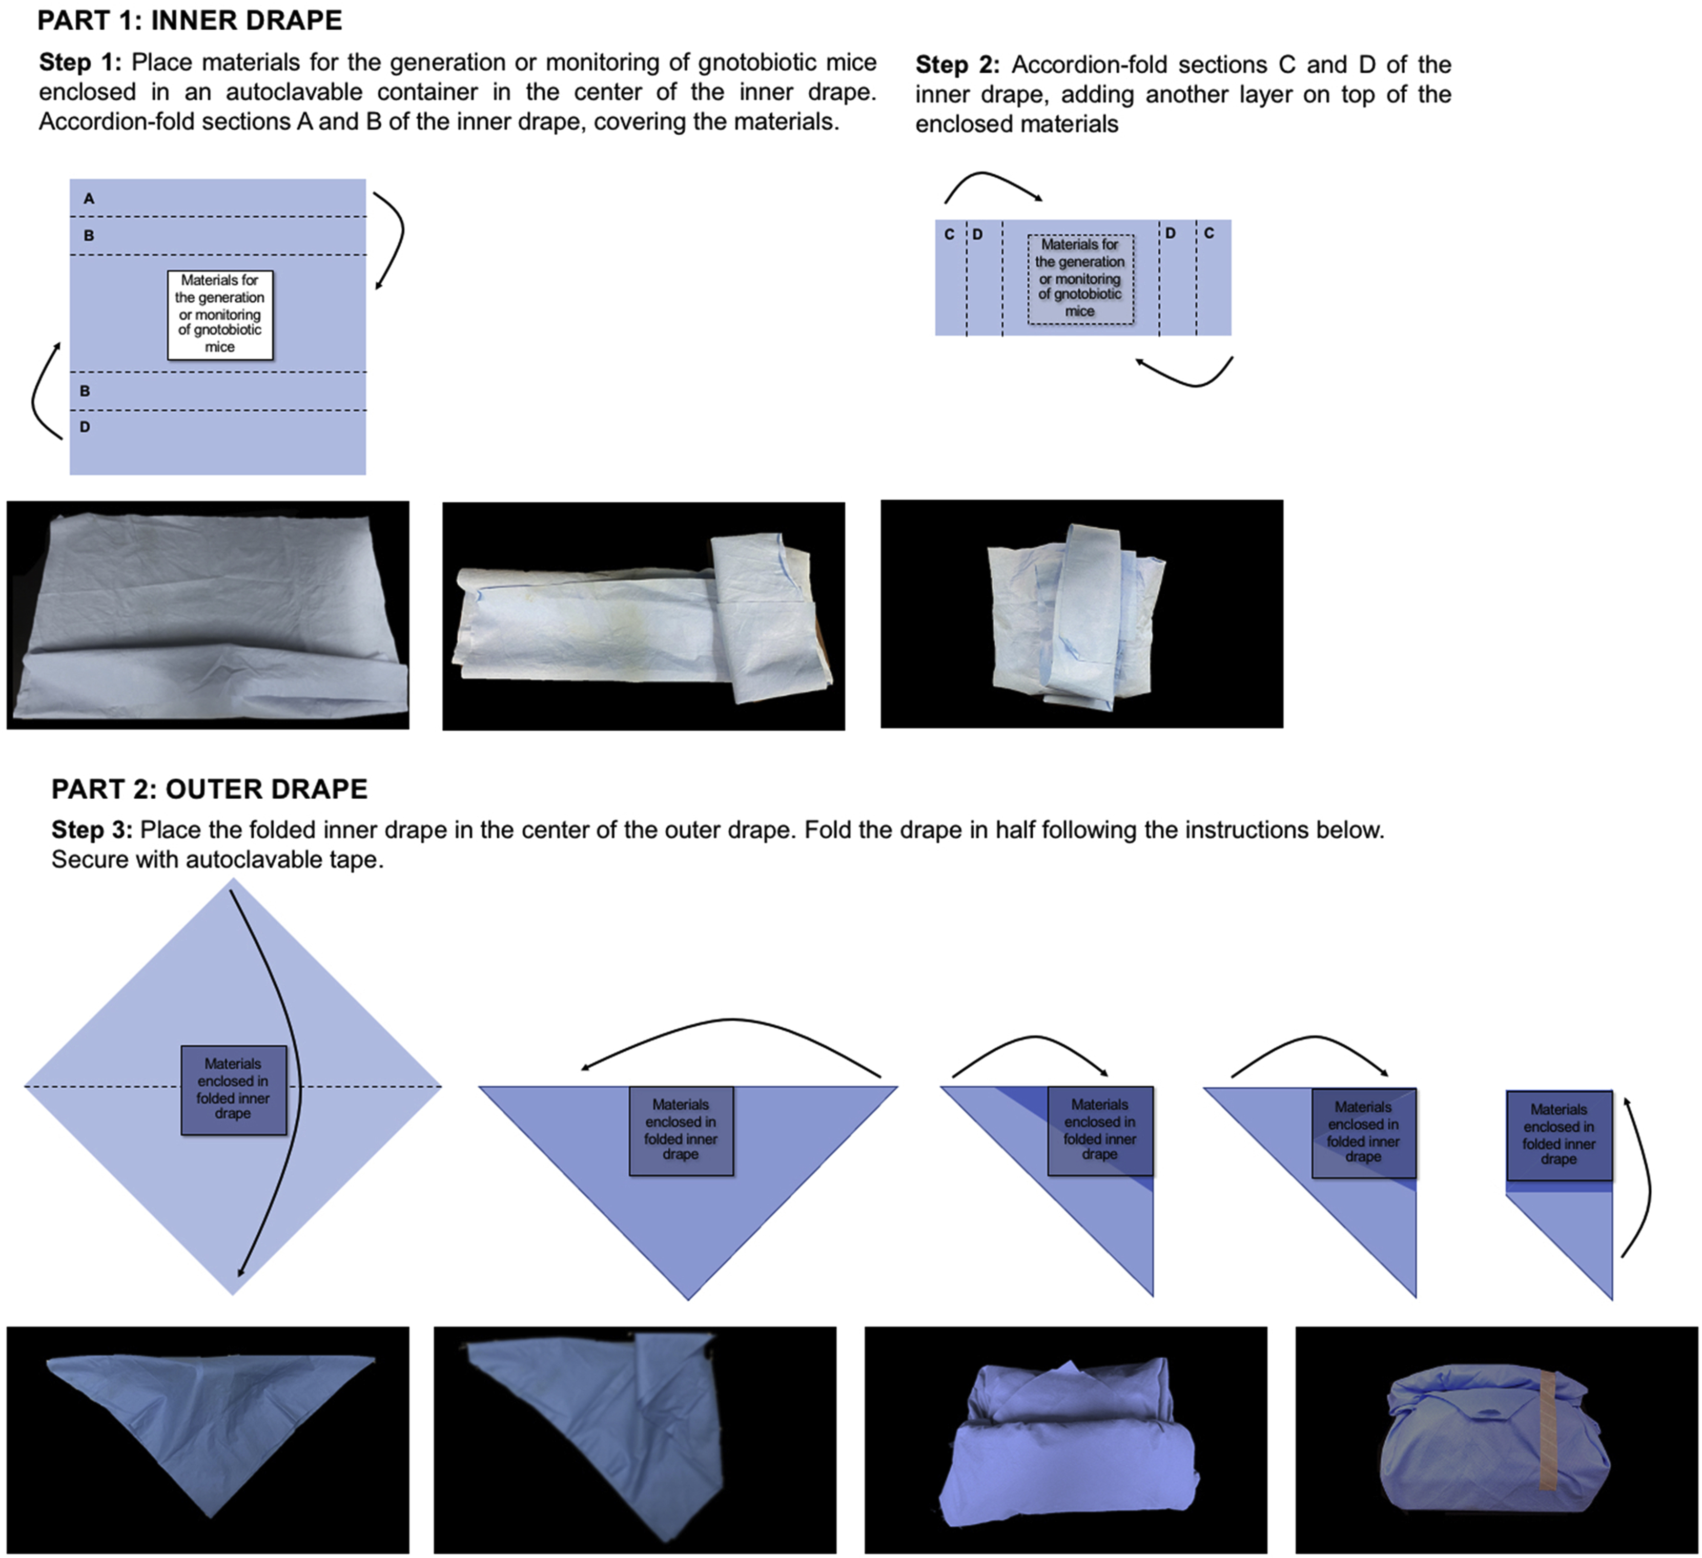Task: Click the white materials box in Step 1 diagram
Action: pos(219,314)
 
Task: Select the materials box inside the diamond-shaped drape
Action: pos(233,1090)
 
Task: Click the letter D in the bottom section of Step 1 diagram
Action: pos(85,427)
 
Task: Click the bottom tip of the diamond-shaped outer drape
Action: pos(233,1291)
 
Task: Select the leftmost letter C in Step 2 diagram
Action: pos(949,234)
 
